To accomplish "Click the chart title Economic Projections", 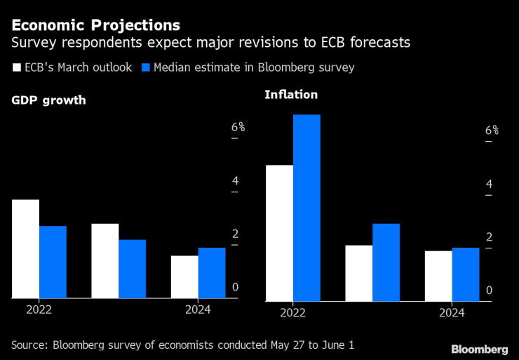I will coord(95,25).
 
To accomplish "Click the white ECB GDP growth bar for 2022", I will coord(25,248).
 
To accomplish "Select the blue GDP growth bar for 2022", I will coord(53,262).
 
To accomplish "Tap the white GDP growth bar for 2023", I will coord(105,260).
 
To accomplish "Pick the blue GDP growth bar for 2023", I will coord(132,269).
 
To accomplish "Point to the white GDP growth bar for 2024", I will coord(184,276).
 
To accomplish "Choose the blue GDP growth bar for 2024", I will coord(212,272).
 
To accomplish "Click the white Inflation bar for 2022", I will coord(279,233).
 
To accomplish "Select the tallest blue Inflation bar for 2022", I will coord(306,208).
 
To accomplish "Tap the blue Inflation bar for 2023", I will coord(386,262).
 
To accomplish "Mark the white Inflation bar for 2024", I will coord(438,276).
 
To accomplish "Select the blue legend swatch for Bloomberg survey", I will coord(146,68).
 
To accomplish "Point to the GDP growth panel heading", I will coord(48,100).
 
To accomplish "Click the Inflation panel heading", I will coord(291,95).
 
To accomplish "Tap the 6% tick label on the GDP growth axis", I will coord(238,127).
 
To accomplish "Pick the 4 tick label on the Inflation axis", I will coord(489,185).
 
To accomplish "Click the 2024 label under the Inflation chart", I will coord(452,313).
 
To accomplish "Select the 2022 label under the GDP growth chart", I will coord(39,309).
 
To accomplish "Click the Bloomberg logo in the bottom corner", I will coord(480,349).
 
